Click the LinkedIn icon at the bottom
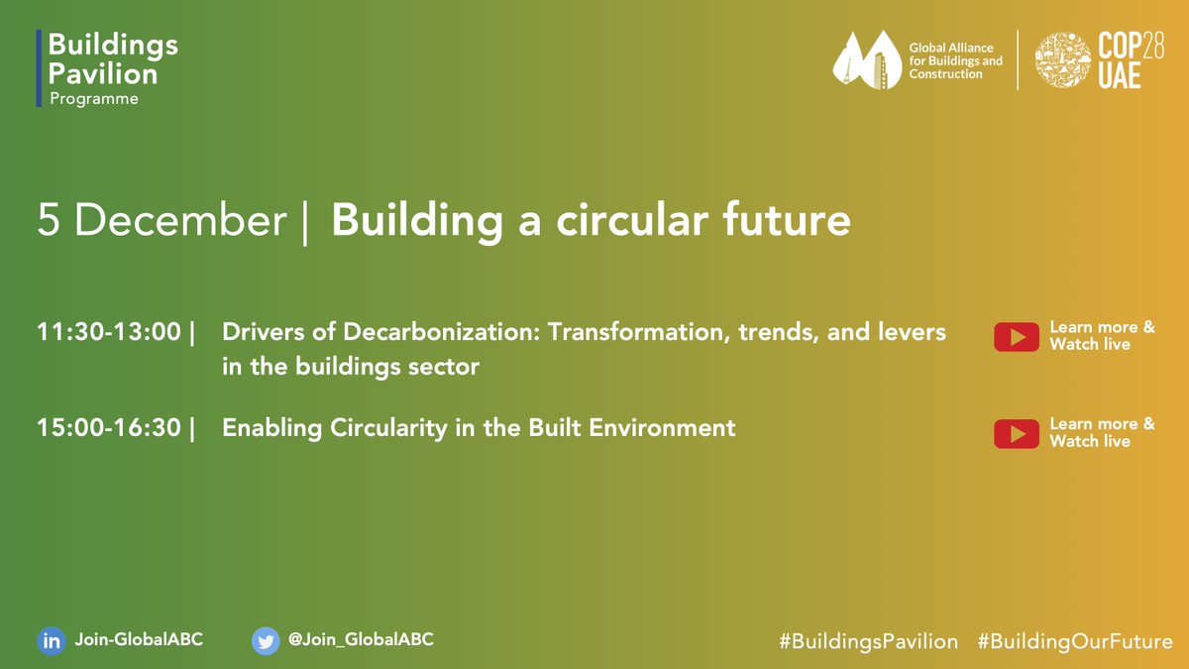pos(50,640)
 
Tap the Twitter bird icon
pos(265,640)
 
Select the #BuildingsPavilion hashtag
pos(868,641)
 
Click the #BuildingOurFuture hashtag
pos(1075,641)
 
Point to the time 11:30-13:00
pos(109,332)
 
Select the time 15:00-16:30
pos(109,428)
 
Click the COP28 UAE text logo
pos(1119,61)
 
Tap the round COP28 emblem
pos(1062,60)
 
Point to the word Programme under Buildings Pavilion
pos(94,99)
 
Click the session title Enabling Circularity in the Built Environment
pos(479,428)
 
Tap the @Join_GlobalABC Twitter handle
pos(361,639)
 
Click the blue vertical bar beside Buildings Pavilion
pos(39,67)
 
